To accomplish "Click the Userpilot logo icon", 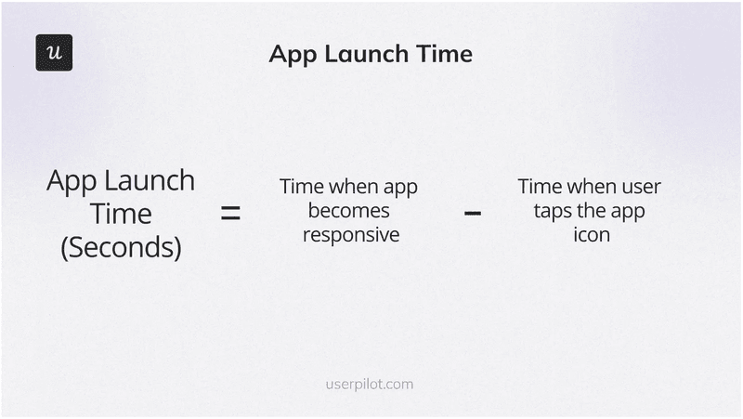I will [x=54, y=53].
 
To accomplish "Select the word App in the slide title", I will [x=290, y=55].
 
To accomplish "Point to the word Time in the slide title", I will [x=445, y=54].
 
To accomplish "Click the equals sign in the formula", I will [x=230, y=214].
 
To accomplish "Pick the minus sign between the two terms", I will [x=473, y=214].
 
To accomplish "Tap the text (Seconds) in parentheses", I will [x=121, y=249].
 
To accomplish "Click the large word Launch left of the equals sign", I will [x=153, y=180].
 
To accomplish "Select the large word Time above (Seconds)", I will [x=121, y=214].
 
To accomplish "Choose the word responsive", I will [x=351, y=235].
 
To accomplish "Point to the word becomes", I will [x=349, y=211].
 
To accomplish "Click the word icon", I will [x=592, y=235].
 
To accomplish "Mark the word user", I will [x=641, y=187].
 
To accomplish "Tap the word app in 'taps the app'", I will [x=629, y=211].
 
